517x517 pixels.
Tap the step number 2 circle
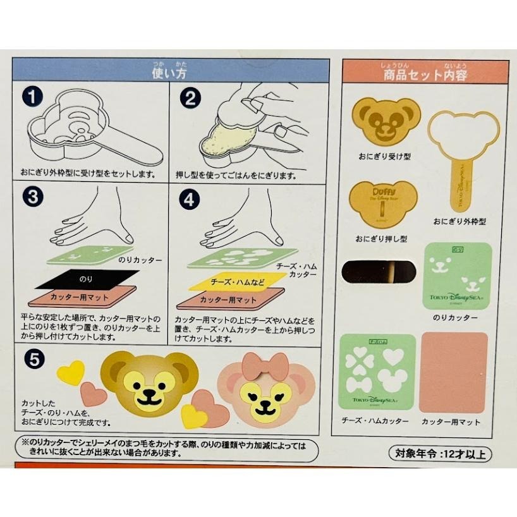click(x=190, y=99)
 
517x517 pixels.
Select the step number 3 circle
click(x=32, y=198)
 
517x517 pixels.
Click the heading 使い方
click(x=170, y=73)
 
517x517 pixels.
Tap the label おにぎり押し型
click(x=380, y=239)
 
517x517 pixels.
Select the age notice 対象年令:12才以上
click(x=440, y=453)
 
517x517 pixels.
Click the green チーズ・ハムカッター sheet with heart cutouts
click(x=377, y=371)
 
